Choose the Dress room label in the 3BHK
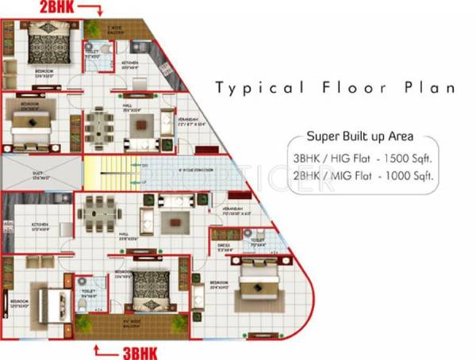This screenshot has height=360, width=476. coord(224,247)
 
